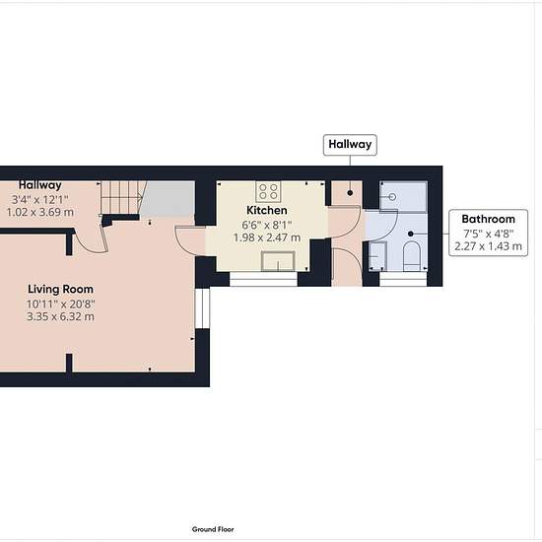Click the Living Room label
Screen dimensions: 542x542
pyautogui.click(x=59, y=289)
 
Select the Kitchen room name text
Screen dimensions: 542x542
pyautogui.click(x=266, y=211)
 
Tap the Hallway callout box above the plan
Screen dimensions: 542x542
pyautogui.click(x=350, y=145)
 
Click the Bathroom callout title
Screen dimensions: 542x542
pyautogui.click(x=488, y=219)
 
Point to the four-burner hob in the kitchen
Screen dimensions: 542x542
pyautogui.click(x=267, y=190)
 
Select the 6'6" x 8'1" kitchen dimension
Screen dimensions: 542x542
pyautogui.click(x=266, y=225)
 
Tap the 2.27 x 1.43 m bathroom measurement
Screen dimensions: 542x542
pyautogui.click(x=488, y=247)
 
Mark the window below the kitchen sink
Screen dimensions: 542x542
pyautogui.click(x=262, y=280)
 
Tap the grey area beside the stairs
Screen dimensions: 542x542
pyautogui.click(x=165, y=201)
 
